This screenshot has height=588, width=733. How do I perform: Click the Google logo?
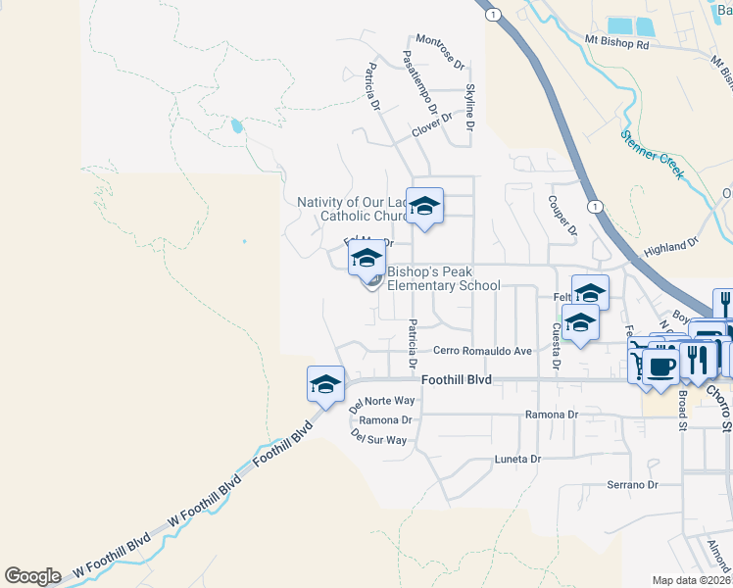tap(32, 576)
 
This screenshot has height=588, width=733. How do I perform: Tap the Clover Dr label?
tap(431, 123)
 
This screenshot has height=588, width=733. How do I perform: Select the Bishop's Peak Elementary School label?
tap(443, 279)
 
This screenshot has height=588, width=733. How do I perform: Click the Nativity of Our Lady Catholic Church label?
tap(353, 209)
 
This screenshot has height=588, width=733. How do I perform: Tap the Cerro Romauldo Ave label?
tap(482, 350)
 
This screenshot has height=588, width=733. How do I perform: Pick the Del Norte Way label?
tap(382, 401)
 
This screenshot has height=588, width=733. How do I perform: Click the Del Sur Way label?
tap(378, 440)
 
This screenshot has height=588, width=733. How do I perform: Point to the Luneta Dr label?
tap(516, 459)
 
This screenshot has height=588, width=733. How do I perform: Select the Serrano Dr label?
tap(630, 484)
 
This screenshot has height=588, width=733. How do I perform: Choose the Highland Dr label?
tap(670, 247)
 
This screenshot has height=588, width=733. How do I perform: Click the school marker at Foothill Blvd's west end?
tap(324, 384)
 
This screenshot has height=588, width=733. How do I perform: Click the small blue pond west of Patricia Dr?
tap(236, 125)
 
